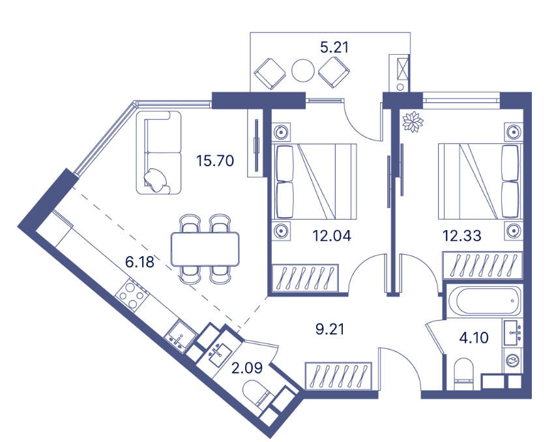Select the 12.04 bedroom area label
pyautogui.click(x=332, y=236)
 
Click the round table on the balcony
pyautogui.click(x=303, y=70)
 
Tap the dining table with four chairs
pyautogui.click(x=205, y=248)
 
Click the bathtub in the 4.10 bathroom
pyautogui.click(x=484, y=301)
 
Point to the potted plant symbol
pyautogui.click(x=413, y=122)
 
